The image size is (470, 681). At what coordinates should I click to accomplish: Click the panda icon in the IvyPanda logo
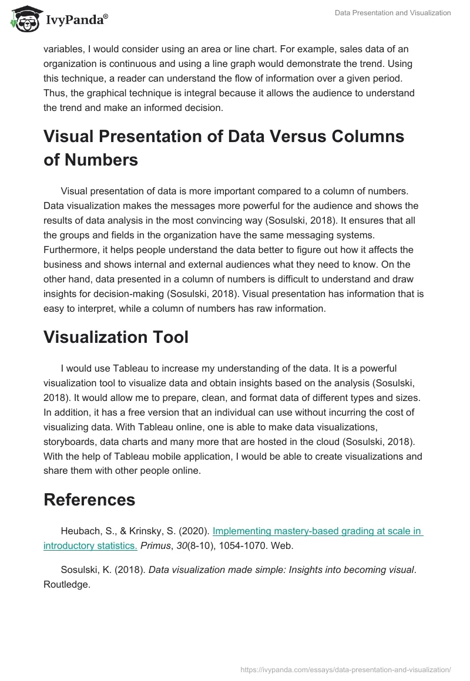click(x=22, y=19)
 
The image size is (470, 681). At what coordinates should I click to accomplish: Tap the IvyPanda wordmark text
click(x=76, y=21)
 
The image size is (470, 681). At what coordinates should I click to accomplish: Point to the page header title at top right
click(x=393, y=13)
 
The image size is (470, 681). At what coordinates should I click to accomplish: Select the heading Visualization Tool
click(x=116, y=337)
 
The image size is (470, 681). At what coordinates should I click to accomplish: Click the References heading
click(x=89, y=500)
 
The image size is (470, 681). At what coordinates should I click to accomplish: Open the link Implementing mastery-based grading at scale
click(x=317, y=531)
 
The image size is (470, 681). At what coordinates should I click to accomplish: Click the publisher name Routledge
click(x=66, y=585)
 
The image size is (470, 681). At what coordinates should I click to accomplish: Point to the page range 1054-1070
click(x=249, y=545)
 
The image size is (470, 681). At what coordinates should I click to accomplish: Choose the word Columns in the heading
click(x=367, y=136)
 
